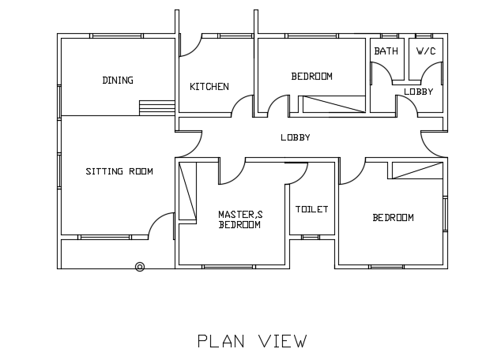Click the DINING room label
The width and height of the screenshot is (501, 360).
pyautogui.click(x=118, y=81)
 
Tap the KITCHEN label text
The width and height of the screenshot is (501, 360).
pyautogui.click(x=209, y=87)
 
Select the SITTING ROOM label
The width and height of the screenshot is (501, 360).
pyautogui.click(x=119, y=171)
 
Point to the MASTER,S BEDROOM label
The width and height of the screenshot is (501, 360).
pyautogui.click(x=239, y=219)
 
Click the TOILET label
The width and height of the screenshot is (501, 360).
pyautogui.click(x=311, y=209)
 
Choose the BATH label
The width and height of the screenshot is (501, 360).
pyautogui.click(x=386, y=51)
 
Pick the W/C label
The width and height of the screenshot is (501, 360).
pyautogui.click(x=426, y=51)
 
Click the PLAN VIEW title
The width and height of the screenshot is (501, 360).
pyautogui.click(x=252, y=341)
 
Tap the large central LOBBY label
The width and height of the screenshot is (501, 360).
pyautogui.click(x=296, y=138)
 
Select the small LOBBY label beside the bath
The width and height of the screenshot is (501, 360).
pyautogui.click(x=418, y=92)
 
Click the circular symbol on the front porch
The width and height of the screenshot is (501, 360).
pyautogui.click(x=140, y=267)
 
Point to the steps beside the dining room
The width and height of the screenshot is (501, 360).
pyautogui.click(x=156, y=107)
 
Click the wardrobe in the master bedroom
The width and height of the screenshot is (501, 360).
pyautogui.click(x=187, y=191)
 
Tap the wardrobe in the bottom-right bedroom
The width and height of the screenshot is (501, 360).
pyautogui.click(x=416, y=171)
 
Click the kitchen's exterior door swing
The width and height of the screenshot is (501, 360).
pyautogui.click(x=190, y=46)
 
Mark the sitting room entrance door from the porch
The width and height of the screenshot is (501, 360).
pyautogui.click(x=162, y=225)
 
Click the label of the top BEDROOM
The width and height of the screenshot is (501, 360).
pyautogui.click(x=311, y=77)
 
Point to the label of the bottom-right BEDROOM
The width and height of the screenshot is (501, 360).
pyautogui.click(x=393, y=218)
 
